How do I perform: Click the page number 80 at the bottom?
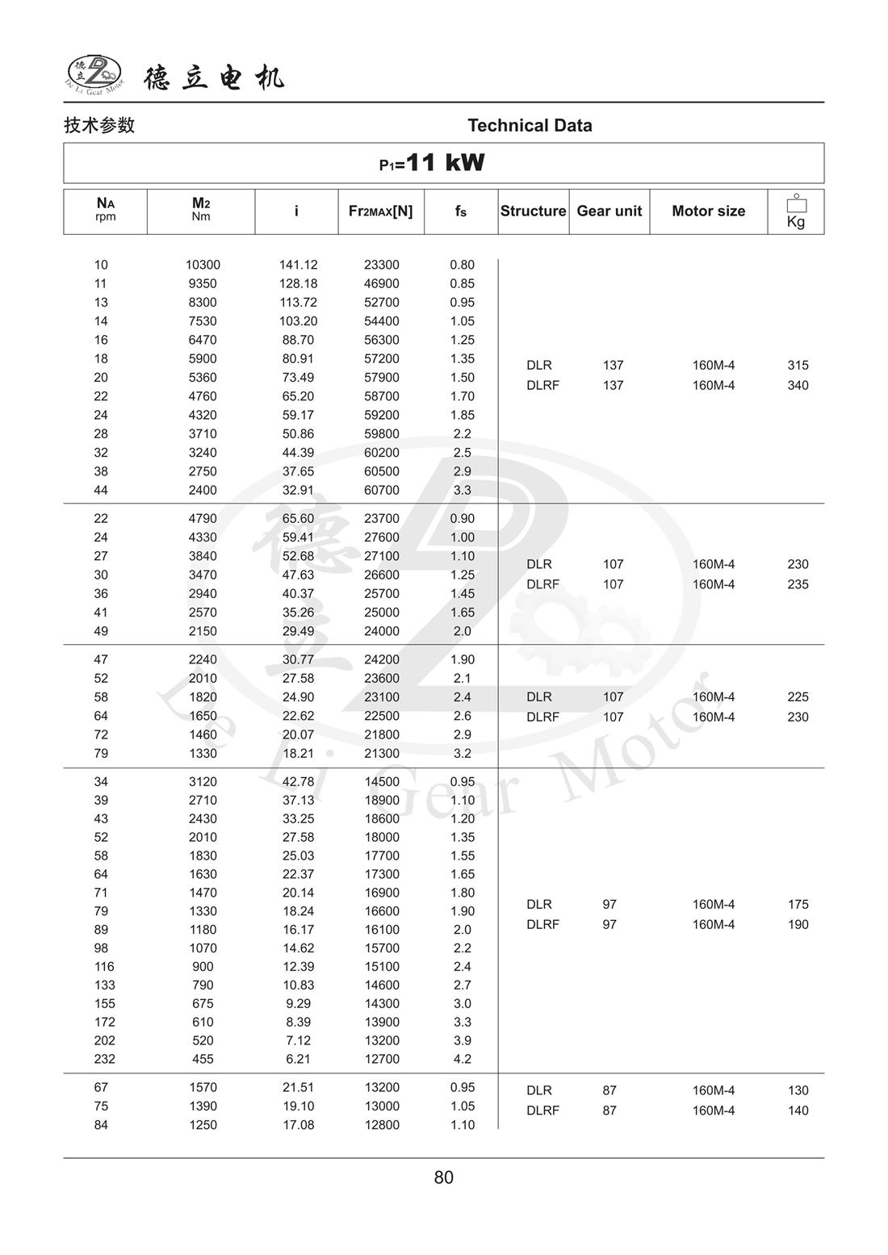point(443,1178)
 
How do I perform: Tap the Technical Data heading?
point(530,125)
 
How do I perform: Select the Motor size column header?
point(708,211)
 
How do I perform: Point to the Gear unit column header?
point(609,211)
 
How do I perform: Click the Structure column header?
point(533,211)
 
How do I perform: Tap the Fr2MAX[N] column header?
point(380,211)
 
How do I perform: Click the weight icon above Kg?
point(796,203)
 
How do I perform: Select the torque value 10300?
point(203,265)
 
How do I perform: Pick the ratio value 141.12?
point(298,265)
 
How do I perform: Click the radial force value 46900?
point(381,283)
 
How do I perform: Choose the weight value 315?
point(798,365)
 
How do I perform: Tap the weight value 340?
point(798,385)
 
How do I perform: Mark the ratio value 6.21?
point(298,1059)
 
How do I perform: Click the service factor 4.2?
point(462,1059)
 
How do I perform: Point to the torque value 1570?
point(203,1087)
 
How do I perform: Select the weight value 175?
point(798,904)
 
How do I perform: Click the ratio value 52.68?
point(298,556)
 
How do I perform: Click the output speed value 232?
point(104,1059)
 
